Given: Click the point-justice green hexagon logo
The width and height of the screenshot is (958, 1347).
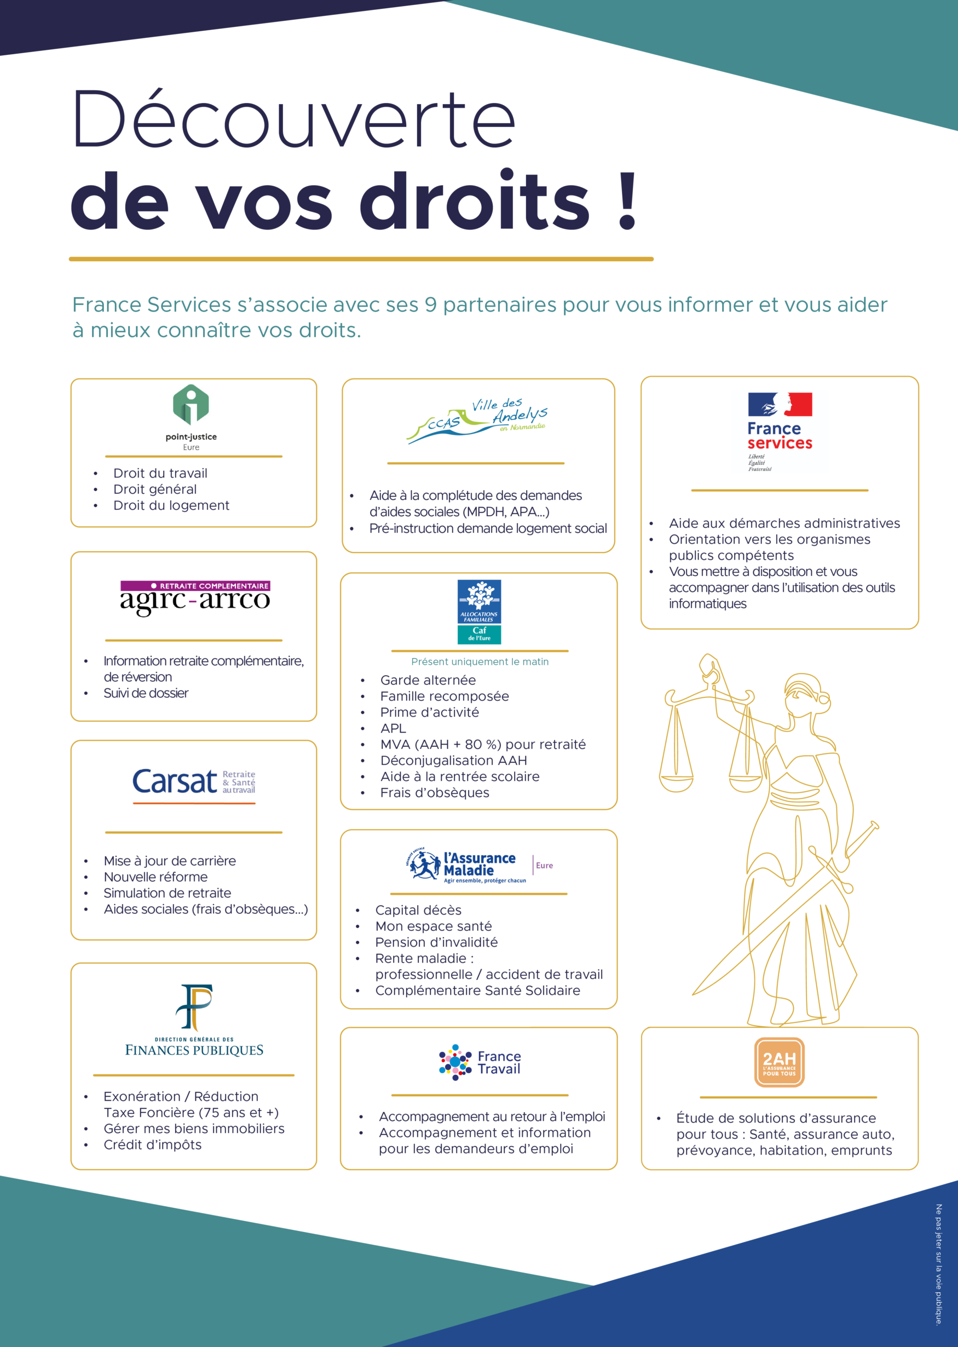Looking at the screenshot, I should coord(191,404).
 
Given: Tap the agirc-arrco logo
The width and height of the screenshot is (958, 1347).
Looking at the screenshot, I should coord(195,597).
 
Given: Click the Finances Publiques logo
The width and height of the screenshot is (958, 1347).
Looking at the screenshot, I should coord(194,1020).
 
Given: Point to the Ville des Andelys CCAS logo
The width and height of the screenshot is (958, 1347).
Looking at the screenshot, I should coord(477,420).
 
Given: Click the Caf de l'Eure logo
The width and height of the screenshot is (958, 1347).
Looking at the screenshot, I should coord(479,611).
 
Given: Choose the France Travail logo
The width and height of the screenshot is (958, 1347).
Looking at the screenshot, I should coord(480,1062).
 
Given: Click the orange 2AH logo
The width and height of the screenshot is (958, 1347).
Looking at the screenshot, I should coord(779,1062).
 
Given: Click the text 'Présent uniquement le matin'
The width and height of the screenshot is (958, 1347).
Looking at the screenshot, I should coord(480,661).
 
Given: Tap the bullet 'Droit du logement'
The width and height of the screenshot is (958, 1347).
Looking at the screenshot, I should coord(171,505).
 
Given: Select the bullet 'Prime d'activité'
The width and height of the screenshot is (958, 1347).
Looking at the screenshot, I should coord(429,712).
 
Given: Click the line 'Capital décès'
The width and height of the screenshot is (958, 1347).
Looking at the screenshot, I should coord(418,910).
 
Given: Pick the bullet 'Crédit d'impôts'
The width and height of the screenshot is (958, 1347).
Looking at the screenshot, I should coord(152,1144).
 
